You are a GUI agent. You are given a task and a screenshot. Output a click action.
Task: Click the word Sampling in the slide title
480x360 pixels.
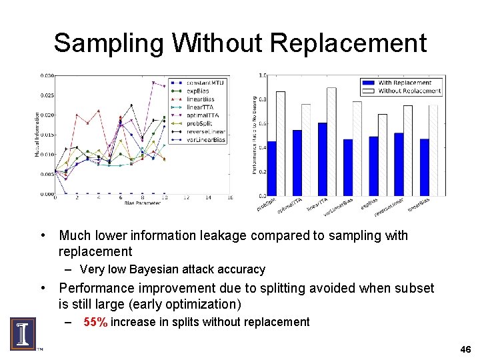[109, 43]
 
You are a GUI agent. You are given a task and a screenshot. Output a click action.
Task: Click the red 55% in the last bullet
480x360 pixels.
[95, 322]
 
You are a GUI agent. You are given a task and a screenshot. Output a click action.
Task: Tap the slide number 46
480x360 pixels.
[465, 349]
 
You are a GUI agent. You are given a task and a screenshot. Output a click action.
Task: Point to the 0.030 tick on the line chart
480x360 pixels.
[46, 75]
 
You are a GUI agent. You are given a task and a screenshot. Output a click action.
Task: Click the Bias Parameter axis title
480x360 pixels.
[143, 203]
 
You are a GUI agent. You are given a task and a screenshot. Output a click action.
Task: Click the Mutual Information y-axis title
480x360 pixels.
[37, 135]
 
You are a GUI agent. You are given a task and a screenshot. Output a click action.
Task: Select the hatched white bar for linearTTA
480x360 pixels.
[331, 141]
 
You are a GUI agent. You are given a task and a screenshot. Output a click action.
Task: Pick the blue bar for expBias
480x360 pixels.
[373, 166]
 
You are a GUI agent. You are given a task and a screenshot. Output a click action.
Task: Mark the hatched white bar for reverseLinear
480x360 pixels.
[408, 150]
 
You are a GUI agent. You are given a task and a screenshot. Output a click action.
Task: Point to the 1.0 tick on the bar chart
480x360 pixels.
[262, 75]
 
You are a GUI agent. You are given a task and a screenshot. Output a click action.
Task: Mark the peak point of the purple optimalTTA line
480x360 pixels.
[154, 83]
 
